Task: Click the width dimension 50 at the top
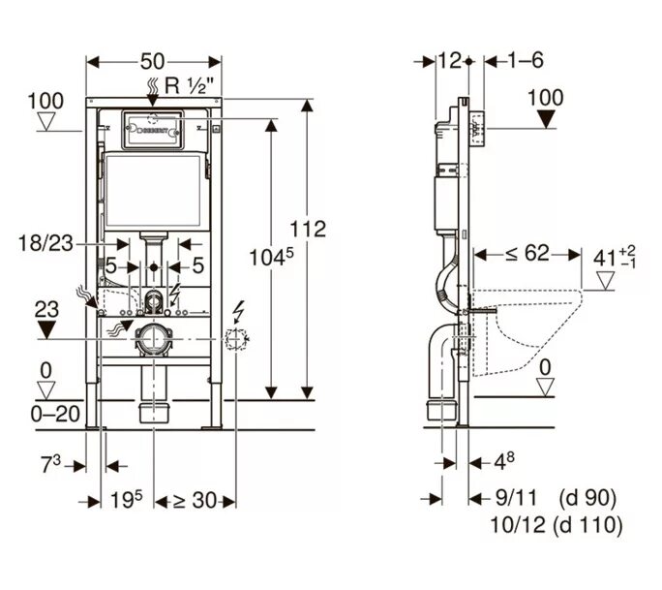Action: [153, 60]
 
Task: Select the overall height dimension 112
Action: [309, 229]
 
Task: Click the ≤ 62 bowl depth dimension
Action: [527, 254]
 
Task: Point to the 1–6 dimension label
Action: [527, 60]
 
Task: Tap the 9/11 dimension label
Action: [513, 498]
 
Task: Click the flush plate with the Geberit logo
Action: [152, 131]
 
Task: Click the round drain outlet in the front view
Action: [152, 338]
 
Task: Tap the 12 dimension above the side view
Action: [447, 60]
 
